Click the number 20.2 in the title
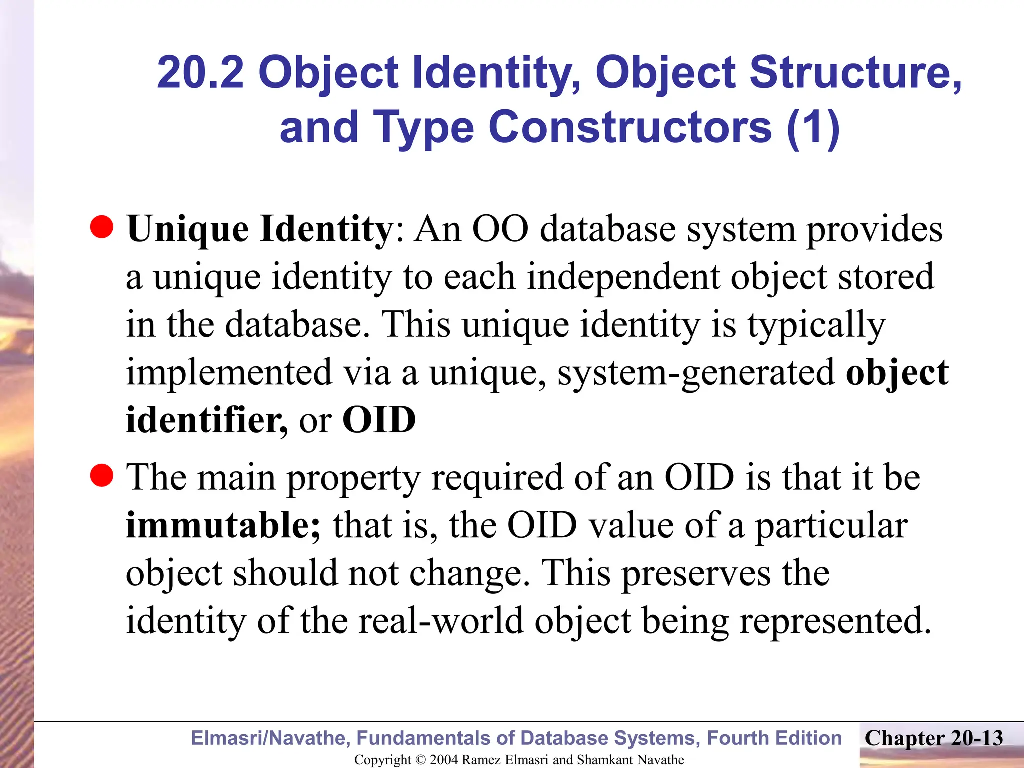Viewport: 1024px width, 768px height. pyautogui.click(x=200, y=73)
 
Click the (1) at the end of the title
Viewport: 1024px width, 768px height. pyautogui.click(x=813, y=127)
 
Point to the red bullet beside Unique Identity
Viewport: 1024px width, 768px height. pyautogui.click(x=102, y=228)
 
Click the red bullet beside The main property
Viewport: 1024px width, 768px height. pyautogui.click(x=102, y=475)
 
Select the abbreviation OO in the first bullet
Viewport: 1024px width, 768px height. pyautogui.click(x=500, y=229)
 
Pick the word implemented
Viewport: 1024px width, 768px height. pyautogui.click(x=229, y=373)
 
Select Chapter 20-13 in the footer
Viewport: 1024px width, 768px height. pyautogui.click(x=934, y=738)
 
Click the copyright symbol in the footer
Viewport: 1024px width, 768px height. pyautogui.click(x=420, y=760)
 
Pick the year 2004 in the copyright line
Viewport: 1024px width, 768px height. pyautogui.click(x=444, y=760)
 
